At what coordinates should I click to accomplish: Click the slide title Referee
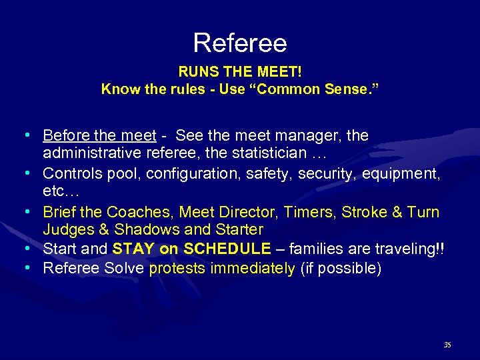pos(240,43)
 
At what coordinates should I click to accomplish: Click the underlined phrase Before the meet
pos(99,136)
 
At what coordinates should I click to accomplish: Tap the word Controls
pos(71,173)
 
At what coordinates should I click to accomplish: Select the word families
pos(315,249)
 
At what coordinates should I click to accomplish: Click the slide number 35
pos(447,345)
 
